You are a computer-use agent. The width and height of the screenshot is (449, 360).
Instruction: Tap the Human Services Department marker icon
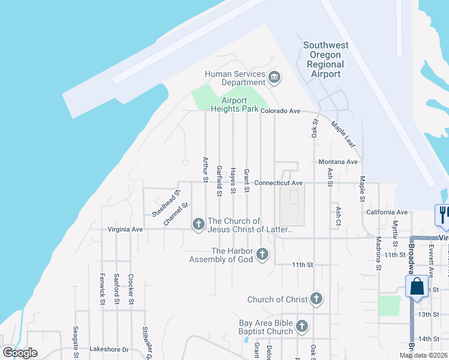pos(275,77)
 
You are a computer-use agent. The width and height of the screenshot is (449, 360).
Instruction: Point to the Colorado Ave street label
pos(280,111)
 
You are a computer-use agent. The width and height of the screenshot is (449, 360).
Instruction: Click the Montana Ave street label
pos(338,162)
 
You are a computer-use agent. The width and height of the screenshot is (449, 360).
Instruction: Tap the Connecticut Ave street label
pos(278,182)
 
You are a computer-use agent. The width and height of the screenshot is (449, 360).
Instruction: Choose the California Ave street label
pos(387,212)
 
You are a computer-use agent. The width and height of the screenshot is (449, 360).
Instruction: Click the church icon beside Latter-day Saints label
pos(198,224)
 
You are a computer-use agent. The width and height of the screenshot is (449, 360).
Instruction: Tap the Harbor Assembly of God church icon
pos(262,255)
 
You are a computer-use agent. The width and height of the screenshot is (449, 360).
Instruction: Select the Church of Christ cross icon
pos(316,299)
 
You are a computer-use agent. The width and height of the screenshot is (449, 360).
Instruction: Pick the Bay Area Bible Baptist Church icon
pos(301,326)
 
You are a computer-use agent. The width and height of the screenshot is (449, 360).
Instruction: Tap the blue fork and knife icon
pos(443,214)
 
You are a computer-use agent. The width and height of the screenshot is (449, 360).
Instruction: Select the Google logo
pos(20,353)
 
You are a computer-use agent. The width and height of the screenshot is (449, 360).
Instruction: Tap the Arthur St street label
pos(205,169)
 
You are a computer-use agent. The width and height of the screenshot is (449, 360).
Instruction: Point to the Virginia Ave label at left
pos(125,229)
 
